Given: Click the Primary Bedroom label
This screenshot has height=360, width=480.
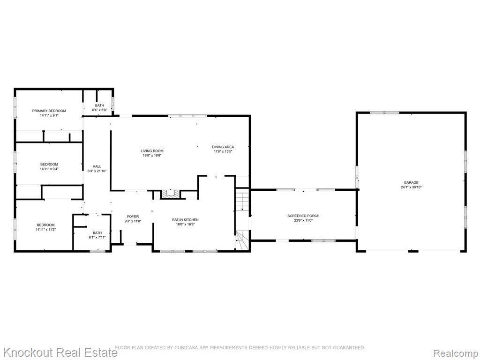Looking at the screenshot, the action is [49, 111].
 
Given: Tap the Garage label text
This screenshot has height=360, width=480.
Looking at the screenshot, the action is [411, 182].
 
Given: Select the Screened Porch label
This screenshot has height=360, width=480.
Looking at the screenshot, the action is [303, 216].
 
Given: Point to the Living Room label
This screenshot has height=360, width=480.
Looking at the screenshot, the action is [152, 151].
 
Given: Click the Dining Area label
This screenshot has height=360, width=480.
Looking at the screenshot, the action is [223, 147].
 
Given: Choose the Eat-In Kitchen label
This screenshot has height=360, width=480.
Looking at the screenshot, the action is [185, 220].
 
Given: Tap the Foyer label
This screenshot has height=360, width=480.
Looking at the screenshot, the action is [133, 217].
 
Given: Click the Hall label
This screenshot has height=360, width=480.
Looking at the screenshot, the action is [97, 166].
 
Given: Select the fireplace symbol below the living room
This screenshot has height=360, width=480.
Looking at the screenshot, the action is [171, 194].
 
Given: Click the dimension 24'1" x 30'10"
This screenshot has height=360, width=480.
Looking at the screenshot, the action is [411, 187].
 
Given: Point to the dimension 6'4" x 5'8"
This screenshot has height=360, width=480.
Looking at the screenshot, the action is [99, 110].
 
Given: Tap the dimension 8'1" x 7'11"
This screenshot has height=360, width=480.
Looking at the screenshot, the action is [97, 237].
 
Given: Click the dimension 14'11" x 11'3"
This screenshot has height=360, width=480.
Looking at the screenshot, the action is [45, 229].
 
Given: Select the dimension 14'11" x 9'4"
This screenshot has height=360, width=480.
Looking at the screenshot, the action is [49, 169].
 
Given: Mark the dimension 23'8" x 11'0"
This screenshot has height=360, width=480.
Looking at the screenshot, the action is [303, 220].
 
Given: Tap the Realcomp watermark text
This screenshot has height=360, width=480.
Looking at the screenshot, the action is [456, 353].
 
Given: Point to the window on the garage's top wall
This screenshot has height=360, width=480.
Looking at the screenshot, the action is [384, 112].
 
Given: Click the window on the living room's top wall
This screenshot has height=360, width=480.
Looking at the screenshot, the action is [187, 116].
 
